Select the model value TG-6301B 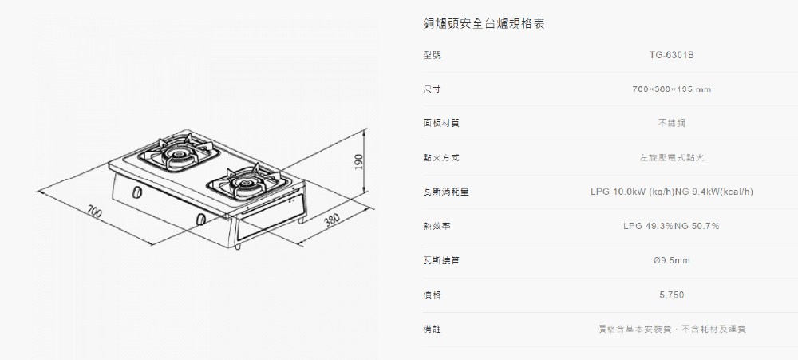[x=671, y=55]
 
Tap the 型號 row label [x=432, y=55]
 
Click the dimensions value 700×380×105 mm [x=671, y=89]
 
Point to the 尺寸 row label [x=432, y=89]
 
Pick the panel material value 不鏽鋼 [x=671, y=124]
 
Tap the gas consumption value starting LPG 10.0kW [x=671, y=192]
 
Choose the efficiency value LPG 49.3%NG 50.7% [x=671, y=227]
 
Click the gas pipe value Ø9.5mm [x=671, y=261]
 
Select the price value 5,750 [x=671, y=295]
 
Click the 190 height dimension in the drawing [x=358, y=161]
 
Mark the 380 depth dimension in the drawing [x=334, y=220]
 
